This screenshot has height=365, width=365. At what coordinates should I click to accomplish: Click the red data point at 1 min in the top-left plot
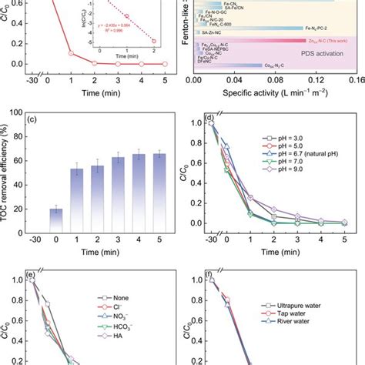[x=71, y=54]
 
